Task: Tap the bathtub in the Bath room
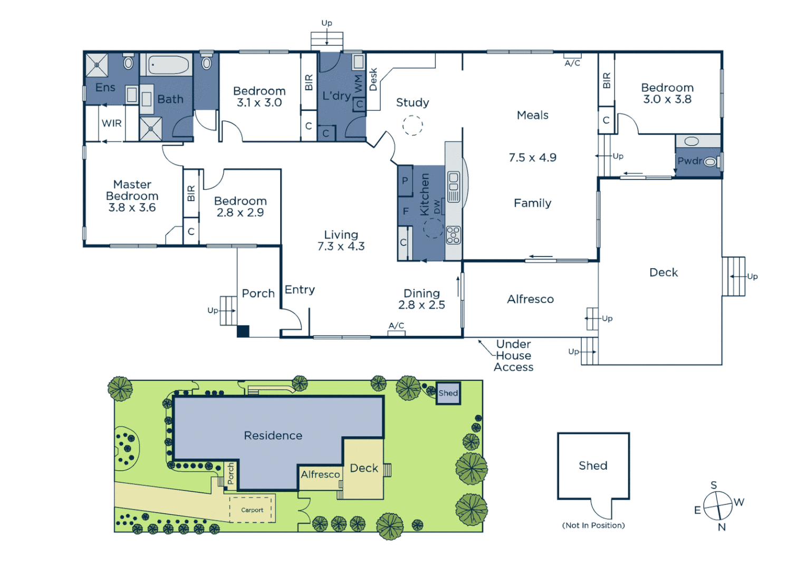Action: [x=168, y=65]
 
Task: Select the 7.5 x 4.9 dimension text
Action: [x=532, y=158]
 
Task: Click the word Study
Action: [x=412, y=102]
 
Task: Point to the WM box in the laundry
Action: [x=359, y=83]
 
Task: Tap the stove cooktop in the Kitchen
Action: [x=453, y=235]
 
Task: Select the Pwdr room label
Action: [x=689, y=161]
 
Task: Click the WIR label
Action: [x=111, y=123]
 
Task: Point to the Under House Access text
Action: [x=513, y=356]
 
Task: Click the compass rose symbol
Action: [x=718, y=506]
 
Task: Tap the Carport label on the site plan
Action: [x=252, y=510]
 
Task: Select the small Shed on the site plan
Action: [x=448, y=393]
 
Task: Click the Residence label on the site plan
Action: [x=273, y=435]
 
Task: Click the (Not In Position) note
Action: [x=593, y=525]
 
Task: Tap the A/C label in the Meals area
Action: [x=572, y=63]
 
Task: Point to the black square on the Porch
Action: [x=243, y=331]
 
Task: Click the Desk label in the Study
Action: [x=373, y=79]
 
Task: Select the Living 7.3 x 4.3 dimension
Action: [x=341, y=246]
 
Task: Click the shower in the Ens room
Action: [x=97, y=65]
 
